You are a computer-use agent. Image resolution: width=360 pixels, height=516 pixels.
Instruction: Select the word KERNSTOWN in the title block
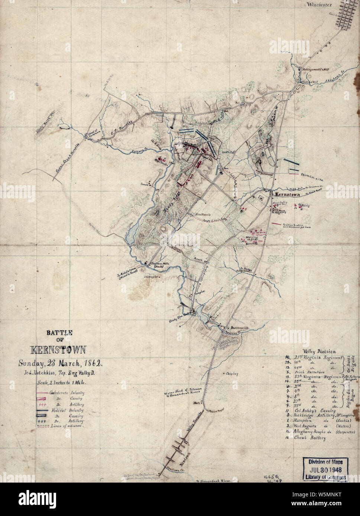[58, 350]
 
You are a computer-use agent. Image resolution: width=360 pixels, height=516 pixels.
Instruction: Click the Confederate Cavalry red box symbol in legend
[43, 398]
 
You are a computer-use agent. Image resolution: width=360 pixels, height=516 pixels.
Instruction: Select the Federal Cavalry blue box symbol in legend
[43, 416]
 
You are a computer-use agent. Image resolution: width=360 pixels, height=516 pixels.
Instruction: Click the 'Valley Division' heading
[319, 351]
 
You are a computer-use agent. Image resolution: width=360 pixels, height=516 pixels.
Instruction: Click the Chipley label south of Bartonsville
[231, 374]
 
